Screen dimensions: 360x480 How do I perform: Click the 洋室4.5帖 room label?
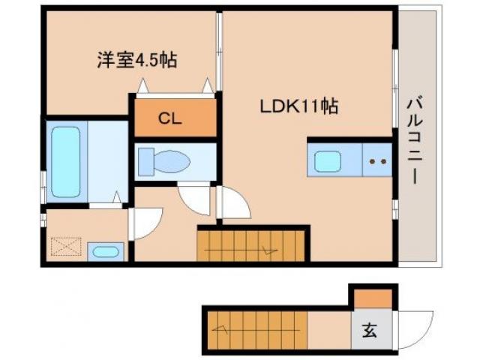pos(136,61)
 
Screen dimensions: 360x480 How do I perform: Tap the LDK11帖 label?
pos(298,106)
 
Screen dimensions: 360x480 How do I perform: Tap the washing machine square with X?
pos(66,246)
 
